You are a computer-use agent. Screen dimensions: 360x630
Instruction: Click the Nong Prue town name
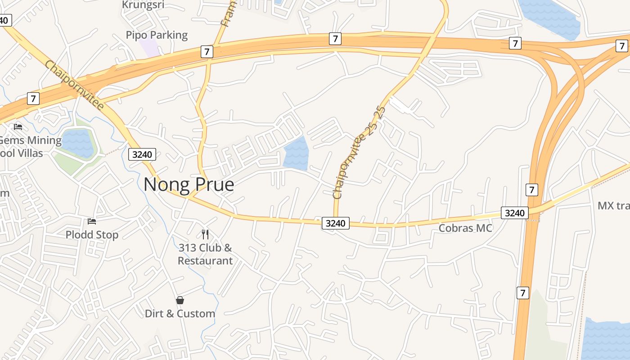tap(189, 184)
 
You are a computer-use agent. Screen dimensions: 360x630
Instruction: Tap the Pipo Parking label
tap(157, 35)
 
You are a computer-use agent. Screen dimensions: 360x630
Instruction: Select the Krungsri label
tap(143, 5)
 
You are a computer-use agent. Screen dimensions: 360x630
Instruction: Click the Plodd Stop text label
tap(92, 235)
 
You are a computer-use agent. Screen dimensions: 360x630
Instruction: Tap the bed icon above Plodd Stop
tap(92, 221)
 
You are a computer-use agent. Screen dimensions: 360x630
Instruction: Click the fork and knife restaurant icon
tap(205, 234)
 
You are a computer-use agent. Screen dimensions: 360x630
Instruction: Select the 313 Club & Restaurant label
tap(205, 254)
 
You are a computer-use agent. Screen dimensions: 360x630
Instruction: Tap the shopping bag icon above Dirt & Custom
tap(180, 300)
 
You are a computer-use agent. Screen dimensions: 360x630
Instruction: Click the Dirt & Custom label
tap(180, 314)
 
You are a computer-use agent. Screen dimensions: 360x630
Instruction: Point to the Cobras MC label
tap(465, 228)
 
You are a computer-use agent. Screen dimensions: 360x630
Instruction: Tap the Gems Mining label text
tap(30, 140)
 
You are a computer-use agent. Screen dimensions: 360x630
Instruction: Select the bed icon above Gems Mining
tap(18, 127)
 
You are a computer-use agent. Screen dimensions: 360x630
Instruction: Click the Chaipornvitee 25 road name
tap(359, 153)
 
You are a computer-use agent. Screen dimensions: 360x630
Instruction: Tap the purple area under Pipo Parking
tap(150, 48)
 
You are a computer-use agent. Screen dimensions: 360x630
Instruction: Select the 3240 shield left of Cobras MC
tap(336, 223)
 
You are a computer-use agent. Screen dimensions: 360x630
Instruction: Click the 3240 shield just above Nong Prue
tap(142, 155)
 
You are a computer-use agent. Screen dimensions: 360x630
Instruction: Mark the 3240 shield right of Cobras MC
tap(514, 213)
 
